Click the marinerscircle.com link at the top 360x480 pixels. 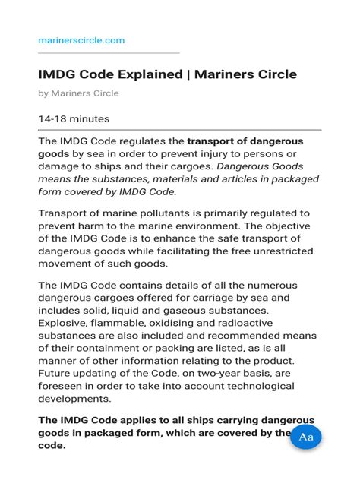(81, 39)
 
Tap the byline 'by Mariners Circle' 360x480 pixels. (78, 93)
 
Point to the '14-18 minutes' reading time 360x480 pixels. (74, 119)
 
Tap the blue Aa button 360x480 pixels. (307, 437)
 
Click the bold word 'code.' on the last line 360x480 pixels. (52, 446)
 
